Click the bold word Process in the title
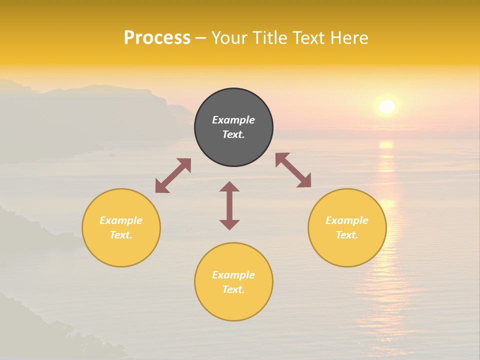click(157, 38)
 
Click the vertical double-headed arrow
click(229, 205)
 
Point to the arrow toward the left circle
click(173, 175)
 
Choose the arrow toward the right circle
click(293, 170)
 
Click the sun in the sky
click(387, 106)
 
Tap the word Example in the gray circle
click(233, 120)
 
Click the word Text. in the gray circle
click(233, 134)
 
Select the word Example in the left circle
click(121, 220)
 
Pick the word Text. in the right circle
click(347, 235)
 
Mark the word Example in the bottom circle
click(233, 275)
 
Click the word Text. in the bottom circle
click(233, 289)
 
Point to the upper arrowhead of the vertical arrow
click(229, 186)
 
